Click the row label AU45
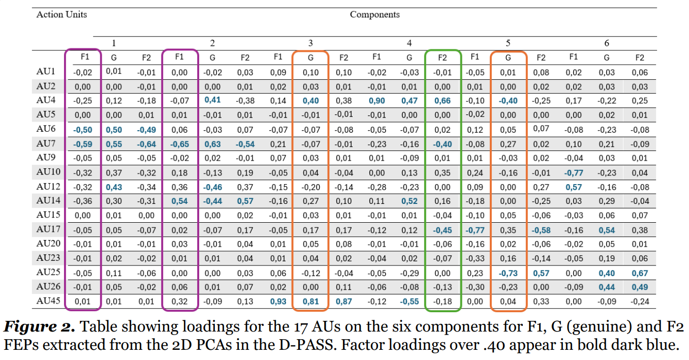click(48, 301)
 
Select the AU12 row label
click(48, 186)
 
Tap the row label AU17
click(48, 229)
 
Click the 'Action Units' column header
click(61, 14)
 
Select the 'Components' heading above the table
click(374, 14)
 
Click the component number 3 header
click(310, 43)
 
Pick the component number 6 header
click(607, 43)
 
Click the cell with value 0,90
click(377, 101)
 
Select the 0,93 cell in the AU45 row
click(278, 302)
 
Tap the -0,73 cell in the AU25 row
click(508, 273)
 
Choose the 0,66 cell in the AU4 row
click(443, 101)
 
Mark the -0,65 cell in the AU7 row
click(179, 144)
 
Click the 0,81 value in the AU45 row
click(310, 302)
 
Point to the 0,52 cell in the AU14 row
click(409, 201)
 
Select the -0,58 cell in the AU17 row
click(541, 230)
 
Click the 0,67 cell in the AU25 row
click(639, 273)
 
